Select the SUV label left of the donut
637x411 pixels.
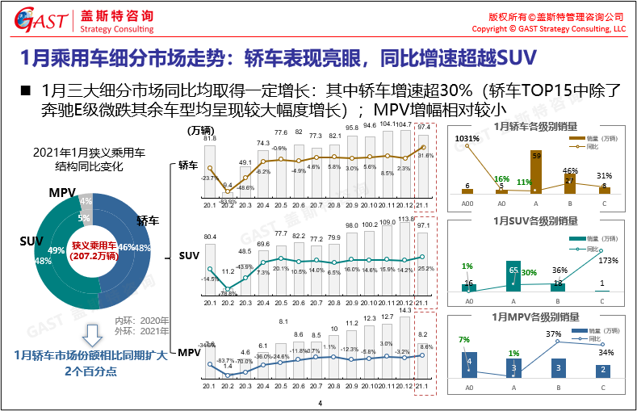pyautogui.click(x=31, y=241)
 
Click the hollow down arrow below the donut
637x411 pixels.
pyautogui.click(x=94, y=334)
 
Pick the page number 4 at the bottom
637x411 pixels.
pyautogui.click(x=320, y=403)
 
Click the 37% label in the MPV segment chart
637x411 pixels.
pyautogui.click(x=553, y=333)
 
